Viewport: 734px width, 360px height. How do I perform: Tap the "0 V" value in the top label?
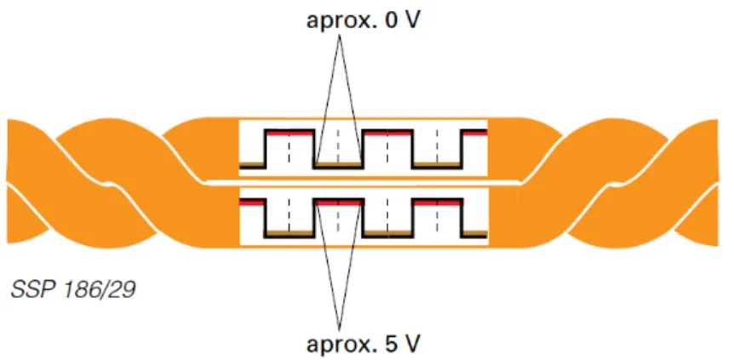401,20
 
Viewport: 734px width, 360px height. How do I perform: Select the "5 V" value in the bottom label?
401,344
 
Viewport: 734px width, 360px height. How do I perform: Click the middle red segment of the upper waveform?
387,133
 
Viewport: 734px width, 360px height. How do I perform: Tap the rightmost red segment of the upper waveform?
475,133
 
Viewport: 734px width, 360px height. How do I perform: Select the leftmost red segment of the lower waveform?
252,203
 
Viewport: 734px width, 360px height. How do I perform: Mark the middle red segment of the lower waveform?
339,203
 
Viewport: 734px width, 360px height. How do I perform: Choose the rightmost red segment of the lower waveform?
439,203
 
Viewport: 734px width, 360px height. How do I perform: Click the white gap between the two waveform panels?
364,182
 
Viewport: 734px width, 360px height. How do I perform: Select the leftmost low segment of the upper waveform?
252,165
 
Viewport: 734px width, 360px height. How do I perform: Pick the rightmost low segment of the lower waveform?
475,235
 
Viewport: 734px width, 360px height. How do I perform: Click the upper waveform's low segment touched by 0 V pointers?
339,165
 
